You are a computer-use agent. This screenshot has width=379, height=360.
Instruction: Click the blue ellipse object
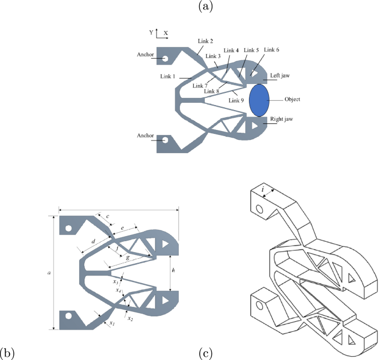(x=259, y=100)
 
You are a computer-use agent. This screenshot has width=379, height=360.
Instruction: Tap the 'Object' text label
(x=292, y=100)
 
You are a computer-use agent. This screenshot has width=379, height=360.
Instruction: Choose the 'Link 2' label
(x=206, y=41)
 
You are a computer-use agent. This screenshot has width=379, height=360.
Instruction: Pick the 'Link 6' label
(x=272, y=50)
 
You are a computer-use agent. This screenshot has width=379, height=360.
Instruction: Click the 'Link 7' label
(x=200, y=86)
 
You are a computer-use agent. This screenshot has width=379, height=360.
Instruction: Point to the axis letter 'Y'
(x=150, y=33)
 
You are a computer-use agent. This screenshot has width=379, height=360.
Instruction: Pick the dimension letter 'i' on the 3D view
(x=263, y=192)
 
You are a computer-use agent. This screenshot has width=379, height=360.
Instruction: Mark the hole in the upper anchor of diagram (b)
(x=68, y=228)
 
